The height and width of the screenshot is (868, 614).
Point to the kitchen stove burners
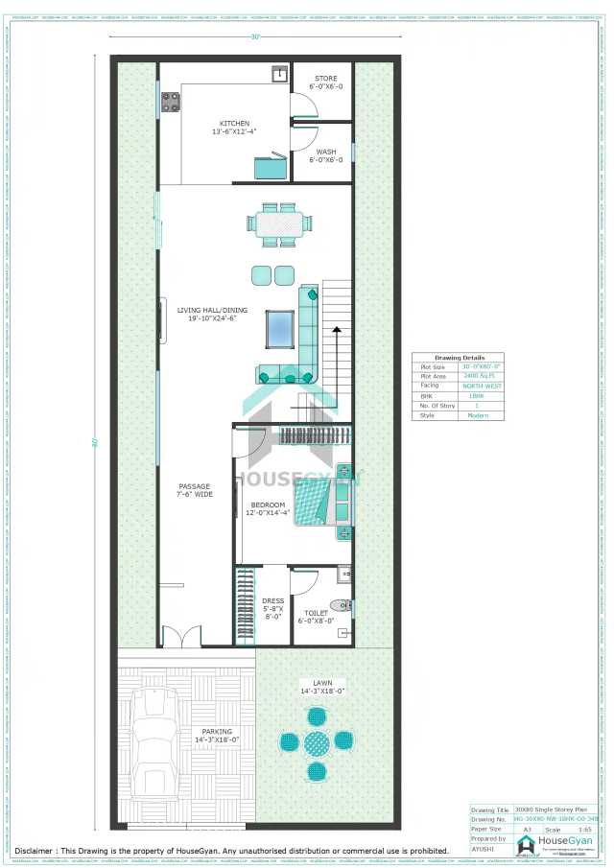point(172,101)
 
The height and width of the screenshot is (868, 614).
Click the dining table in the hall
point(278,223)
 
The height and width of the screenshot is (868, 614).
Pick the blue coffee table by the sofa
point(279,328)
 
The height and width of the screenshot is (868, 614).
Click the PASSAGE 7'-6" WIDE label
point(194,490)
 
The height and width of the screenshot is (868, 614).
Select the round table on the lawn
point(317,741)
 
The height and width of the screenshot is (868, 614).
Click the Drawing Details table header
point(460,358)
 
